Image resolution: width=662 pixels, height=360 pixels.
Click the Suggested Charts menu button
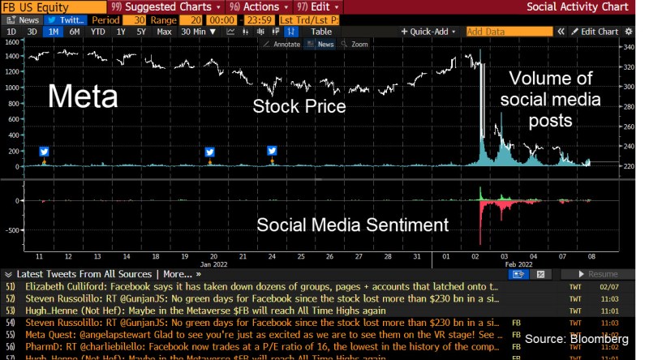[x=152, y=6]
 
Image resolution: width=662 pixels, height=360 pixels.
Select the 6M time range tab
[x=74, y=32]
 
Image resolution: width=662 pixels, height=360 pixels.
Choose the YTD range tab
[x=97, y=32]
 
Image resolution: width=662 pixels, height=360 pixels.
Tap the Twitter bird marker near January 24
[x=273, y=151]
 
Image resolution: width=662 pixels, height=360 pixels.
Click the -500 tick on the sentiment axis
[x=11, y=229]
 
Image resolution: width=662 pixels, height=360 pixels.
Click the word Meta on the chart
[x=83, y=97]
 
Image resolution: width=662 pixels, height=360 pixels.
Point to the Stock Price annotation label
[x=299, y=106]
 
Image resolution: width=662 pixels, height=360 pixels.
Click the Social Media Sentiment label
[x=352, y=225]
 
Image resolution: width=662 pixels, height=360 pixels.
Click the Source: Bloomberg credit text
[x=576, y=338]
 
